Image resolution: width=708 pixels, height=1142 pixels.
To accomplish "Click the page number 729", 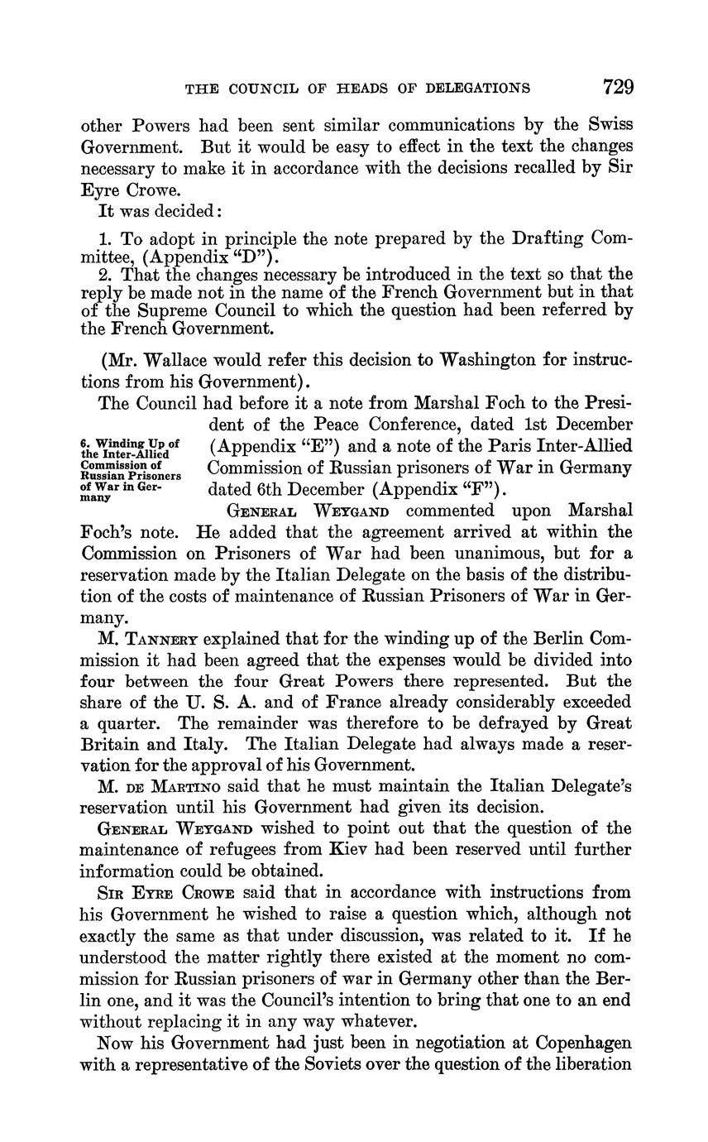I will tap(618, 87).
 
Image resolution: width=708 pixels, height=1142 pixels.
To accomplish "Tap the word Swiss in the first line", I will tap(610, 126).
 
